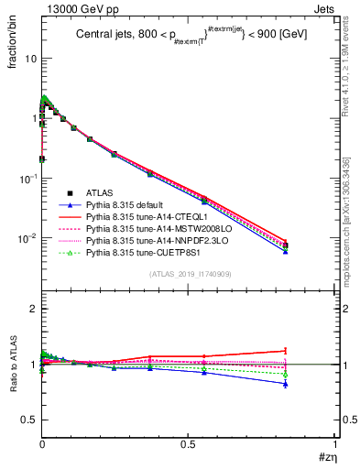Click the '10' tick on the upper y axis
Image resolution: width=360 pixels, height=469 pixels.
click(x=29, y=59)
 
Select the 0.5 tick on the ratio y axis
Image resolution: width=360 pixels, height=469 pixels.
click(x=29, y=420)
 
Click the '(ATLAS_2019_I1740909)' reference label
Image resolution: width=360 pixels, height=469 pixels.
click(x=189, y=274)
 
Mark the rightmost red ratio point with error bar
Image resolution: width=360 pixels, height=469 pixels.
click(x=311, y=351)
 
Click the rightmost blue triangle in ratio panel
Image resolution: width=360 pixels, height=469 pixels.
click(x=311, y=384)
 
